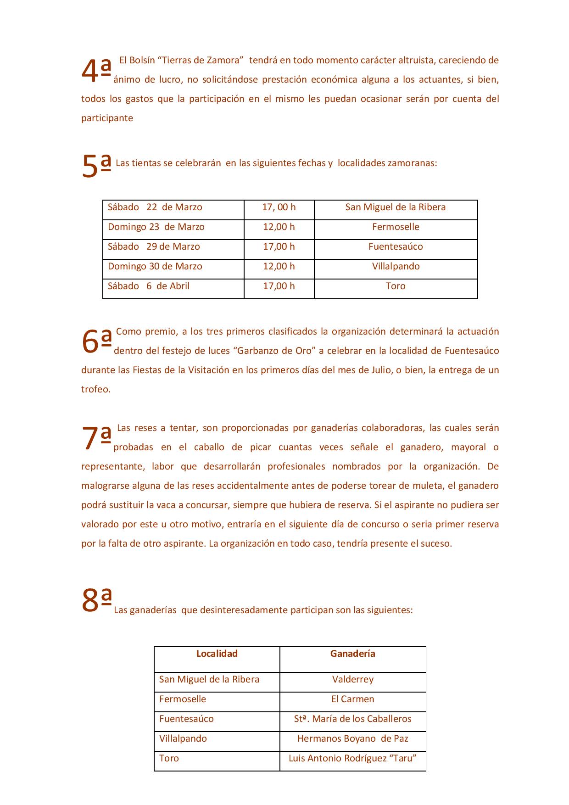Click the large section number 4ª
pos(96,71)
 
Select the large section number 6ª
pos(96,341)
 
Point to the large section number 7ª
pos(96,438)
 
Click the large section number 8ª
pos(96,600)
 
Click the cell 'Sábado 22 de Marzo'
pos(155,207)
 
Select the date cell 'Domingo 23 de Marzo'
pos(156,227)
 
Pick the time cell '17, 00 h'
pos(279,207)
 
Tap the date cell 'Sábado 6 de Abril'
pos(149,286)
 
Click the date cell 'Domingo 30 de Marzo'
pos(155,266)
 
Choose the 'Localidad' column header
pos(217,654)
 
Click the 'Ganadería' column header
pos(353,654)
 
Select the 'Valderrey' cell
pos(353,679)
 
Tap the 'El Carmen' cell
pos(353,699)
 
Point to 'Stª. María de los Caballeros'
pos(353,719)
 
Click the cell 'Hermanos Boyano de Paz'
pos(353,738)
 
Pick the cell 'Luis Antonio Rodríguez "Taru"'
pos(353,758)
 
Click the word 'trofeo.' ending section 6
pos(96,389)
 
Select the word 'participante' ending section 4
pos(107,118)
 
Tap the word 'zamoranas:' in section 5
pos(412,163)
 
